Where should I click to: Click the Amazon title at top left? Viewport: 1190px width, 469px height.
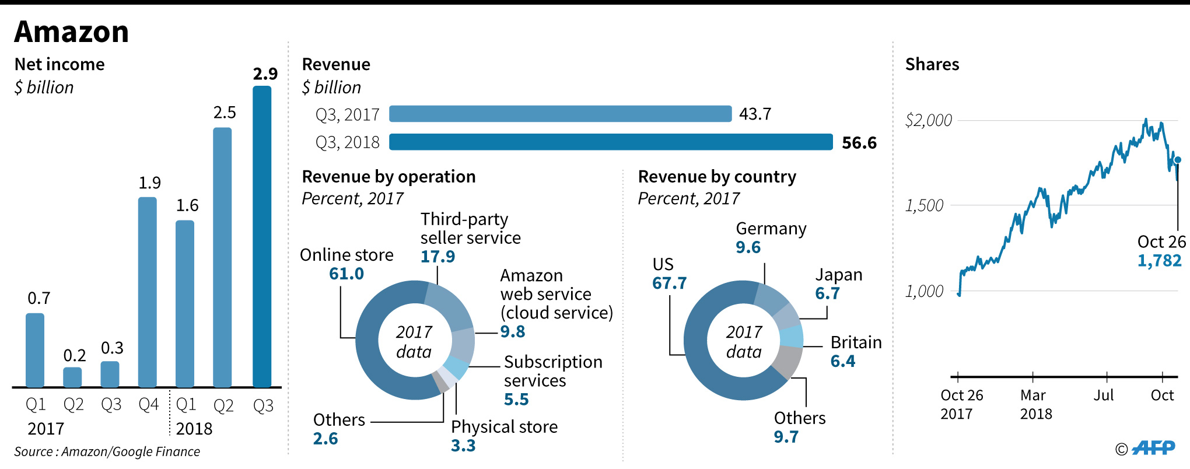pyautogui.click(x=71, y=32)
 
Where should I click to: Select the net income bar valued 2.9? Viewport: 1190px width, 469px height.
pyautogui.click(x=262, y=236)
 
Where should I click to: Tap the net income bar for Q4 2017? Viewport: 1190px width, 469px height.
pyautogui.click(x=148, y=292)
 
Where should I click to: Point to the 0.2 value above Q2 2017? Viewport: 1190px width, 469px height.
pyautogui.click(x=75, y=355)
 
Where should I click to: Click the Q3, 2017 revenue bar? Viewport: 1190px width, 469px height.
pyautogui.click(x=560, y=114)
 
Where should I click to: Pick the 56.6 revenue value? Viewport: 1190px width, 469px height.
pyautogui.click(x=859, y=143)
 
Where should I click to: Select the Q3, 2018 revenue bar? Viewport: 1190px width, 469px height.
pyautogui.click(x=611, y=142)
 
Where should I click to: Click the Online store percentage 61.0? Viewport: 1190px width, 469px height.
pyautogui.click(x=346, y=274)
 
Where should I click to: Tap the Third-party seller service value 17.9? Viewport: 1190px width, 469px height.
pyautogui.click(x=437, y=256)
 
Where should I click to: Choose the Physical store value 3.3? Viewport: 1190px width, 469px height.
pyautogui.click(x=463, y=446)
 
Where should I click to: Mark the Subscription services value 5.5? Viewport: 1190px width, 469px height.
pyautogui.click(x=516, y=400)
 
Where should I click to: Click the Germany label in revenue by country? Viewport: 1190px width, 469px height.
pyautogui.click(x=771, y=229)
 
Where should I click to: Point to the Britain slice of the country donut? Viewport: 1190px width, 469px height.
pyautogui.click(x=792, y=337)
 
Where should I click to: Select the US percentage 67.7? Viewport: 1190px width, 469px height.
pyautogui.click(x=669, y=283)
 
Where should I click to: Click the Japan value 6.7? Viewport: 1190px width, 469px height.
pyautogui.click(x=827, y=293)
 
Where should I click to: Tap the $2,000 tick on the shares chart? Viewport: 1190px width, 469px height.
pyautogui.click(x=928, y=121)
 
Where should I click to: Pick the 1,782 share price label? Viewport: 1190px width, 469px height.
pyautogui.click(x=1159, y=261)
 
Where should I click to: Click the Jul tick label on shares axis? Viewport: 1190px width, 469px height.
pyautogui.click(x=1104, y=395)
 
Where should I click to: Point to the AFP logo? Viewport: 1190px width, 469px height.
pyautogui.click(x=1153, y=448)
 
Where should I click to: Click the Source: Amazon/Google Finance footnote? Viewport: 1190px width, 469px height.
pyautogui.click(x=107, y=452)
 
